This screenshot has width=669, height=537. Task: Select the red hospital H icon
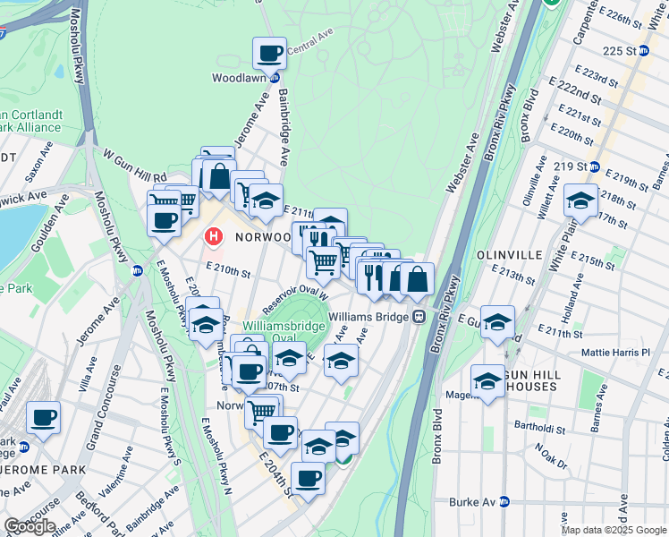(x=214, y=237)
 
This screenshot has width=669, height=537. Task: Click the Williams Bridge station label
(x=368, y=317)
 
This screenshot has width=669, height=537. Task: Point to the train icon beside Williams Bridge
(x=418, y=317)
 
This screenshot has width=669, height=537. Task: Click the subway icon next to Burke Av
(x=504, y=501)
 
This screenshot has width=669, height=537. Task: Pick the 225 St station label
(x=620, y=51)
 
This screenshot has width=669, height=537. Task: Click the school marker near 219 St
(x=580, y=201)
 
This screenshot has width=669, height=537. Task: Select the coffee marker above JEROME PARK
(x=42, y=417)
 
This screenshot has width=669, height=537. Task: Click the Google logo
(x=30, y=526)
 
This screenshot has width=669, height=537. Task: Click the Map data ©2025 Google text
(x=614, y=530)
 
